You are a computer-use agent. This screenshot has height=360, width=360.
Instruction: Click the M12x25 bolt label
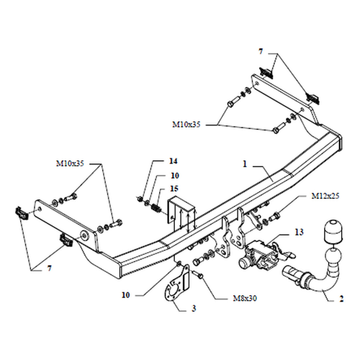(x=325, y=196)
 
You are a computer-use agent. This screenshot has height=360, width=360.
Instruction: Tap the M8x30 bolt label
(x=245, y=298)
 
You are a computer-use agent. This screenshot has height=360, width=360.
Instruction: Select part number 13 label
(x=299, y=232)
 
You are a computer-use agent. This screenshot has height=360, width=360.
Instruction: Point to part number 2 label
(x=341, y=299)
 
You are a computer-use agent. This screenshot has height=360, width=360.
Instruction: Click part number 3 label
(x=194, y=308)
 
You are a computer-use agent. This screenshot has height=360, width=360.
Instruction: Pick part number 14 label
(x=173, y=161)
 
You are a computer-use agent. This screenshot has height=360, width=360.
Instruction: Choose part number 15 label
(x=174, y=189)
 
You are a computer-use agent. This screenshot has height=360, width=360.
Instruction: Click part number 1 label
(x=245, y=164)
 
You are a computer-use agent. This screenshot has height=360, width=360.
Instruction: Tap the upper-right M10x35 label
(x=186, y=125)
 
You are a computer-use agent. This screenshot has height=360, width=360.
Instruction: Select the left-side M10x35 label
(x=70, y=163)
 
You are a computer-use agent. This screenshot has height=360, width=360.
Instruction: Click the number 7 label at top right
(x=261, y=51)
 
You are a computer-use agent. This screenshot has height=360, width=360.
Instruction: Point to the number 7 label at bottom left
(x=49, y=268)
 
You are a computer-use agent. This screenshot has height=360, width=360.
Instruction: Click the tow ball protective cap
(x=333, y=232)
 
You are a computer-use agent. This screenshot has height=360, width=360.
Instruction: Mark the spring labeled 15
(x=157, y=208)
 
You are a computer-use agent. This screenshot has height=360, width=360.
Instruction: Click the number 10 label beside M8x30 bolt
(x=126, y=295)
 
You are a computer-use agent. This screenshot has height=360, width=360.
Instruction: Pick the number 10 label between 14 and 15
(x=175, y=176)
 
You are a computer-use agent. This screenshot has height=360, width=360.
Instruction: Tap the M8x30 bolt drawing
(x=199, y=274)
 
